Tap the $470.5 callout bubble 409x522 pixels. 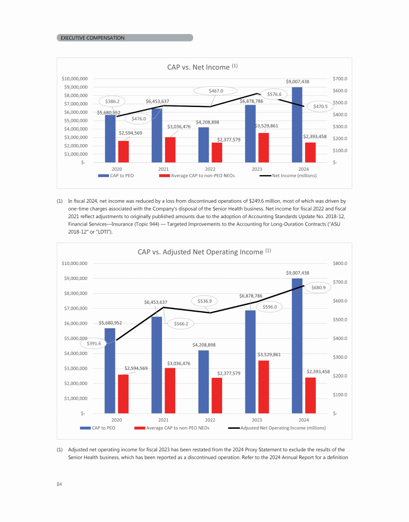[321, 106]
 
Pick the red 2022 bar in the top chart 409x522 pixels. [217, 152]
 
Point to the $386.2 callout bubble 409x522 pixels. [112, 101]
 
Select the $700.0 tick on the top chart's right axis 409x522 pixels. [340, 78]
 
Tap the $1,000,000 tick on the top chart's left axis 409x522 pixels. [75, 154]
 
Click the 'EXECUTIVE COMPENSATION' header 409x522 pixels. [93, 38]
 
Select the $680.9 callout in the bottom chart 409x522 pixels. [322, 287]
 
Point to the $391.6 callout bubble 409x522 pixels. [97, 344]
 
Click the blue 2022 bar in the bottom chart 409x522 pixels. [203, 381]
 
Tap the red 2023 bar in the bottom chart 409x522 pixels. [264, 386]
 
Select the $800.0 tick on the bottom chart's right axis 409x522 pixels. [340, 263]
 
